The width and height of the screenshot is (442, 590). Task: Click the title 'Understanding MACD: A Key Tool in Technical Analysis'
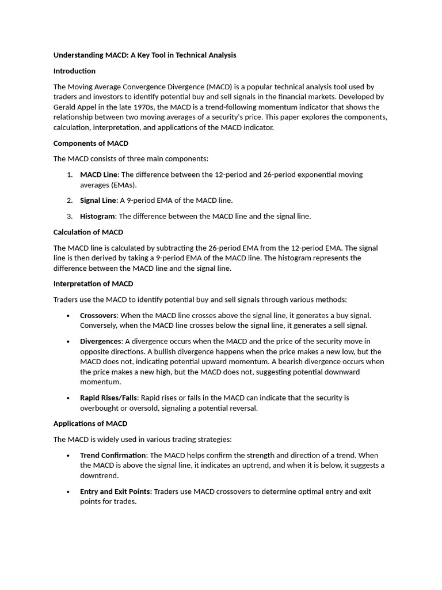pyautogui.click(x=144, y=55)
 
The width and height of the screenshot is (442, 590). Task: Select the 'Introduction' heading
pyautogui.click(x=74, y=71)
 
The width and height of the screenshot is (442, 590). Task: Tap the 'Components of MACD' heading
pyautogui.click(x=90, y=143)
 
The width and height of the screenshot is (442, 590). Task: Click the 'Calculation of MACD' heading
pyautogui.click(x=88, y=232)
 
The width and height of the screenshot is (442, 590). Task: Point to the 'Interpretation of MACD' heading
pyautogui.click(x=93, y=283)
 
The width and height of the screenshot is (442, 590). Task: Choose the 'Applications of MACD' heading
pyautogui.click(x=90, y=423)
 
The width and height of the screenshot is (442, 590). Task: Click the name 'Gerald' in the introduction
pyautogui.click(x=66, y=107)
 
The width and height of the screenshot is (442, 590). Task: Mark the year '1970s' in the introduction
pyautogui.click(x=143, y=107)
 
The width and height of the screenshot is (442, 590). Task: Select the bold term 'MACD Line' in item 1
pyautogui.click(x=99, y=175)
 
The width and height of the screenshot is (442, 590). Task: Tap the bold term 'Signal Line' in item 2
pyautogui.click(x=98, y=201)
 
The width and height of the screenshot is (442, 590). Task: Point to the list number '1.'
pyautogui.click(x=69, y=175)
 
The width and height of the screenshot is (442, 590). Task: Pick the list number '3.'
pyautogui.click(x=69, y=216)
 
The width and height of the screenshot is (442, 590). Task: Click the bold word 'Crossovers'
pyautogui.click(x=98, y=315)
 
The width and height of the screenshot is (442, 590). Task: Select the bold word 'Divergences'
pyautogui.click(x=100, y=341)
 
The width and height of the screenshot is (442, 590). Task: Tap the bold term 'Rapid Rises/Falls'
pyautogui.click(x=108, y=398)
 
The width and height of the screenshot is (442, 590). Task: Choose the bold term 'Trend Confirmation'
pyautogui.click(x=113, y=455)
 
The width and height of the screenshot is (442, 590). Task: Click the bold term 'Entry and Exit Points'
pyautogui.click(x=115, y=491)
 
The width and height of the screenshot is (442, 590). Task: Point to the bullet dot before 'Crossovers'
pyautogui.click(x=68, y=316)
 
